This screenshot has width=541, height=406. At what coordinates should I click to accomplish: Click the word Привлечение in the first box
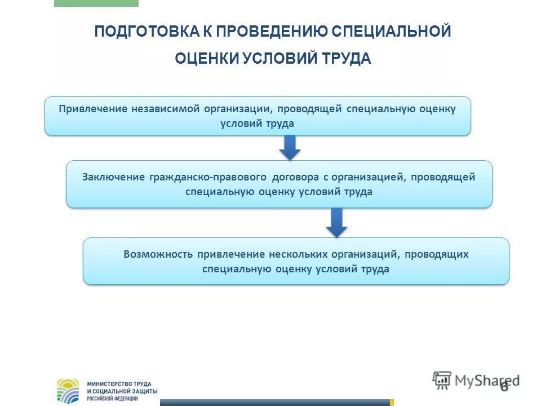click(x=93, y=108)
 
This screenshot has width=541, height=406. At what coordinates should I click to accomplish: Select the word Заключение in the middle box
click(x=113, y=177)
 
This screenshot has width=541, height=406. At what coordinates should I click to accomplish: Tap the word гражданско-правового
click(x=208, y=177)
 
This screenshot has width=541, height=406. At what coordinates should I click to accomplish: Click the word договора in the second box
click(x=296, y=177)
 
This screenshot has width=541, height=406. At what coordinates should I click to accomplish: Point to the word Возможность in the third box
click(x=158, y=254)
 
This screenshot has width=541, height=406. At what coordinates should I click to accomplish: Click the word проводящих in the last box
click(x=437, y=254)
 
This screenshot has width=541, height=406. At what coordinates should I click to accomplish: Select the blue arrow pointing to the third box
click(x=337, y=222)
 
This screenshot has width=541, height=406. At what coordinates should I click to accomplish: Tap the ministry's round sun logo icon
click(x=68, y=391)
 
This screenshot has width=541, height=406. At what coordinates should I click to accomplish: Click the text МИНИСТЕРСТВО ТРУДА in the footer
click(x=119, y=384)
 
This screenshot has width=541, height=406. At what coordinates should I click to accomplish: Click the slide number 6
click(x=504, y=387)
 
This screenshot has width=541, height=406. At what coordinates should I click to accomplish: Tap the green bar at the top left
click(x=96, y=3)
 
